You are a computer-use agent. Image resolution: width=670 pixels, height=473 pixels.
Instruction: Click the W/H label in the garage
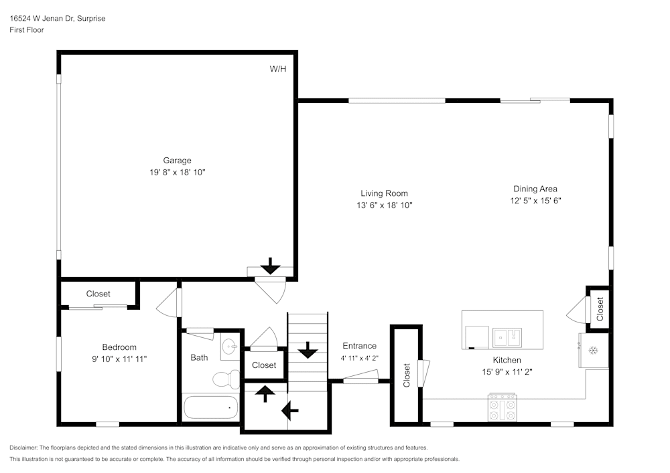tap(278, 69)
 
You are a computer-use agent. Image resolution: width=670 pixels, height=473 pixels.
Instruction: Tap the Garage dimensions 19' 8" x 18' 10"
tap(178, 172)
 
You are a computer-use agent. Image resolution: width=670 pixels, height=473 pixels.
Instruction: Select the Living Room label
tap(384, 193)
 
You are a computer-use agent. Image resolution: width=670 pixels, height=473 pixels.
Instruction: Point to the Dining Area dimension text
tap(535, 200)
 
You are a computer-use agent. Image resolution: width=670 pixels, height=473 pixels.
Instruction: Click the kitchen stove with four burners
tap(503, 407)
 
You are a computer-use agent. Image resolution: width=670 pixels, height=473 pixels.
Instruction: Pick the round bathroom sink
tap(230, 346)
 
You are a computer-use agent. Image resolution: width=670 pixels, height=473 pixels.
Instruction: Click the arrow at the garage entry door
tap(270, 266)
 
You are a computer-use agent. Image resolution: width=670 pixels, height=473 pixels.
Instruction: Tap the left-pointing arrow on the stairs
tap(291, 409)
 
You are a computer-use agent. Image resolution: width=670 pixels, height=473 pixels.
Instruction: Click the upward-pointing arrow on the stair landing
tap(265, 393)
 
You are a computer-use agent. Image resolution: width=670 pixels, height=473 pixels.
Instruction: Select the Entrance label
tap(360, 346)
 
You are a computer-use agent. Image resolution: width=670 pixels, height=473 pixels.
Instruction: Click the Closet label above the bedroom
tap(98, 294)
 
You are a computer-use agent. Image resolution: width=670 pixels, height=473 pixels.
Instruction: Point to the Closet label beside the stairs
tap(264, 365)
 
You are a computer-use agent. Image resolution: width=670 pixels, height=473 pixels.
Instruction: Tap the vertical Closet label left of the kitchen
tap(406, 375)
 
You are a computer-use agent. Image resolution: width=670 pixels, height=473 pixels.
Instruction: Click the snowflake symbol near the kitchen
tap(593, 350)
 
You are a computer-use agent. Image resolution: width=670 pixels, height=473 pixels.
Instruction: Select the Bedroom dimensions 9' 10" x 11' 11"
tap(119, 359)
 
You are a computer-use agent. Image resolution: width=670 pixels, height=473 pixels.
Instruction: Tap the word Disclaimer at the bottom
tap(24, 448)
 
